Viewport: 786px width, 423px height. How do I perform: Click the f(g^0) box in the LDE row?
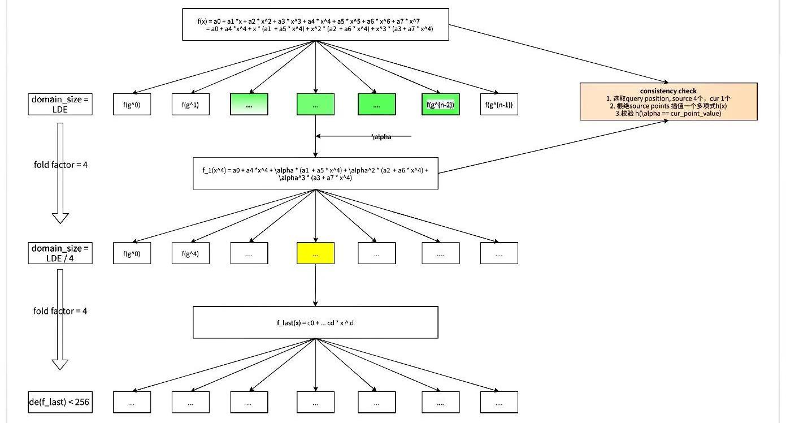point(132,105)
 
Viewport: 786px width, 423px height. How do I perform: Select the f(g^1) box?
point(190,105)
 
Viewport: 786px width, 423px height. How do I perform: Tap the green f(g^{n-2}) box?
point(440,105)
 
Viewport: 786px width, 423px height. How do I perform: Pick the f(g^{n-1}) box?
point(499,105)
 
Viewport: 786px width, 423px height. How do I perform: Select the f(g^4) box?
point(190,254)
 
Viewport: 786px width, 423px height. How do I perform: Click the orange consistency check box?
point(668,102)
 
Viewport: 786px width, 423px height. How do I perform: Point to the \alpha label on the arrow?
point(382,137)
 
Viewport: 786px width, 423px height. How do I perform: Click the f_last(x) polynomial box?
point(315,322)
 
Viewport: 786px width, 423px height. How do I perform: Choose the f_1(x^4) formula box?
point(315,174)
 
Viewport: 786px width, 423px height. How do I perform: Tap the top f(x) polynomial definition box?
point(315,24)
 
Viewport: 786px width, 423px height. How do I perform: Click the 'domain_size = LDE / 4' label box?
point(60,253)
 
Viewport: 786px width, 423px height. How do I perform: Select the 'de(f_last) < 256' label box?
point(60,402)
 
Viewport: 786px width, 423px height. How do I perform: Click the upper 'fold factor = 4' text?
point(60,165)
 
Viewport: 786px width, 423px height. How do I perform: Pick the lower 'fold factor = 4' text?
point(60,311)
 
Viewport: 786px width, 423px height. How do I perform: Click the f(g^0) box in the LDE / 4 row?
point(132,254)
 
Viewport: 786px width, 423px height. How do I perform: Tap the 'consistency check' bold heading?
point(668,91)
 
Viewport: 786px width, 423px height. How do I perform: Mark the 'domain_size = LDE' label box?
point(60,105)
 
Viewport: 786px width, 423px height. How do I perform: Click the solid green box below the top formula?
point(315,105)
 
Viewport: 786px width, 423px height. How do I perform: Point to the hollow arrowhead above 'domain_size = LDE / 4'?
point(60,218)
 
